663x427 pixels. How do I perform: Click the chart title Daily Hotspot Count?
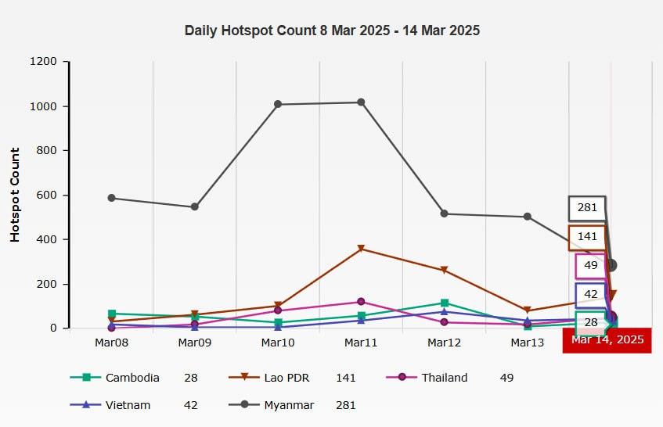[332, 30]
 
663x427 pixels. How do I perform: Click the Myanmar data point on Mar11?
[361, 102]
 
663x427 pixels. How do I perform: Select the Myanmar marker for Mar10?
[278, 104]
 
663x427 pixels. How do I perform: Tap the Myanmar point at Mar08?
[112, 198]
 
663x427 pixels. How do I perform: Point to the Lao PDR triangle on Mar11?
[361, 249]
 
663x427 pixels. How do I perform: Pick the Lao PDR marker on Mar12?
[444, 271]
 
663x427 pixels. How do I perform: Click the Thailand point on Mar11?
[361, 301]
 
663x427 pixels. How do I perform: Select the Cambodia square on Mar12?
[444, 303]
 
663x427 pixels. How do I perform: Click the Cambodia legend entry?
[132, 378]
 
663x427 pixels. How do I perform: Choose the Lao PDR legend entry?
[286, 378]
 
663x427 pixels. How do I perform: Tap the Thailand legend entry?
[444, 378]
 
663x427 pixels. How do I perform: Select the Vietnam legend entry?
[127, 405]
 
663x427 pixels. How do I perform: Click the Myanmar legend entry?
[289, 405]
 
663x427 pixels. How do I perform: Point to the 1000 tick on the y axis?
[45, 106]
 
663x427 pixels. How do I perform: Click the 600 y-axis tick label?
[48, 195]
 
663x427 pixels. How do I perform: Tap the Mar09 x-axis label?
[195, 343]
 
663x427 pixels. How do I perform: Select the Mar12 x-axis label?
[444, 343]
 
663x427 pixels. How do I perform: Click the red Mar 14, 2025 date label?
[607, 340]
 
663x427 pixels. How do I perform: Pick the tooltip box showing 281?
[587, 208]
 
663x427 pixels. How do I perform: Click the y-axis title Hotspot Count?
[15, 194]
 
